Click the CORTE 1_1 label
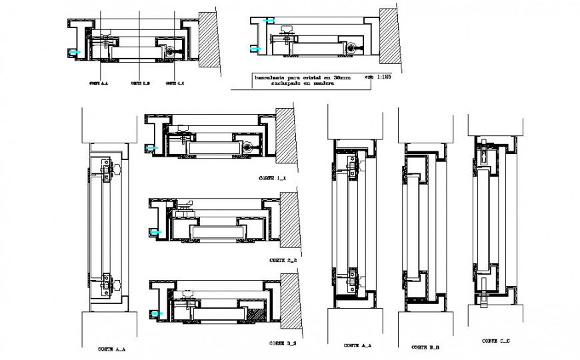(271, 179)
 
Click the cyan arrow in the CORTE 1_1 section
(153, 147)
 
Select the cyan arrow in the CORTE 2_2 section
(157, 232)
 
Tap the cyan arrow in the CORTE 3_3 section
(157, 313)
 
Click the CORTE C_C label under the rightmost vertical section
(494, 341)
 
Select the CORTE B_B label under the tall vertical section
(424, 347)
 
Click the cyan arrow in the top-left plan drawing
(76, 51)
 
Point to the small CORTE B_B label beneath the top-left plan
(140, 83)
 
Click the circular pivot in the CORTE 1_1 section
(249, 147)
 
